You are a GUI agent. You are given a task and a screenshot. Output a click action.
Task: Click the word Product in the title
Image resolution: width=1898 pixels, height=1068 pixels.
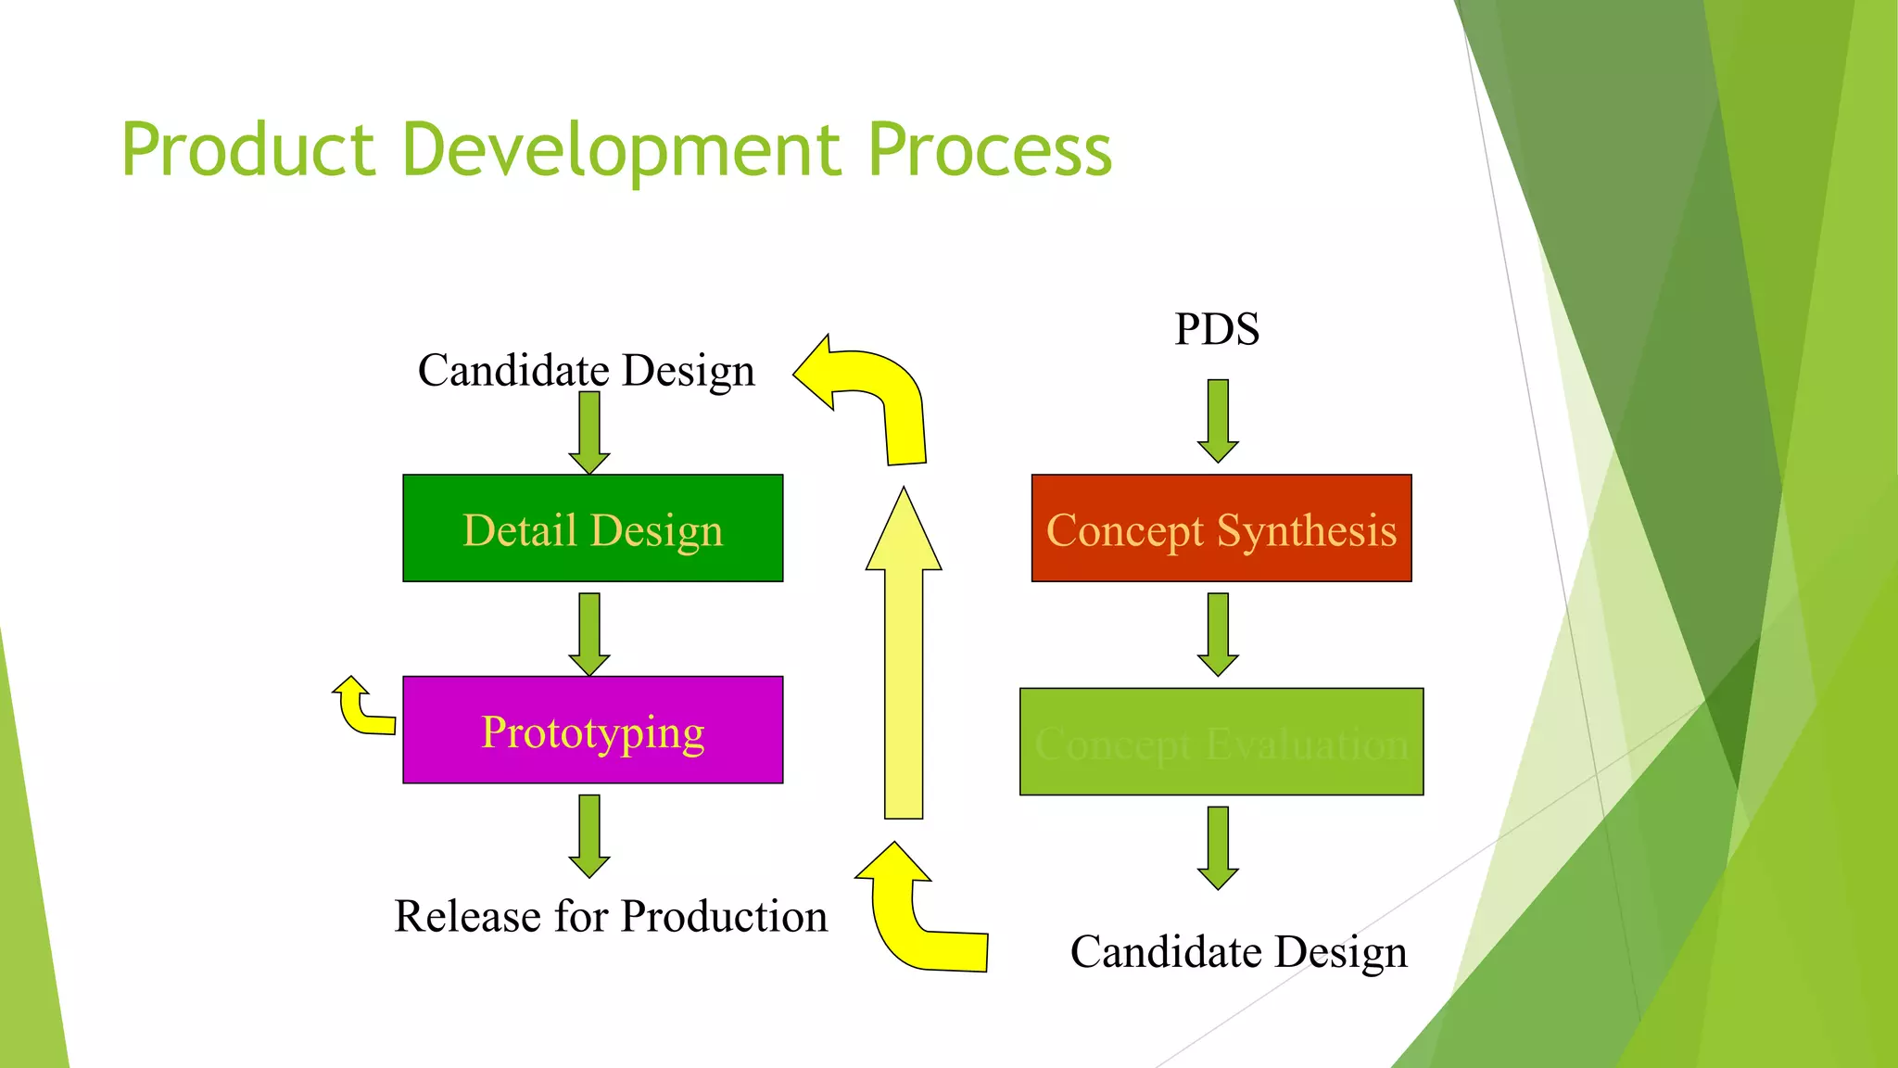(248, 150)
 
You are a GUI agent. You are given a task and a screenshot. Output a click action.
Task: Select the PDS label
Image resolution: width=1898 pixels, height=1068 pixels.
(1217, 330)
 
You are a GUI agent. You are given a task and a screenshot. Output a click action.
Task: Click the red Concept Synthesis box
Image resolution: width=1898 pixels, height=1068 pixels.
(1221, 528)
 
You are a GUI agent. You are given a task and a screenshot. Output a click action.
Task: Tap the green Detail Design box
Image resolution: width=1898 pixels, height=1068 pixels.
(593, 528)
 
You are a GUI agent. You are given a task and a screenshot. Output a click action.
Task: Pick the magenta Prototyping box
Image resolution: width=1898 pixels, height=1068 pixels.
(593, 731)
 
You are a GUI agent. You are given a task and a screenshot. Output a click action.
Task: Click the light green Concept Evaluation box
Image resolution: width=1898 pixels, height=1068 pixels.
(1221, 742)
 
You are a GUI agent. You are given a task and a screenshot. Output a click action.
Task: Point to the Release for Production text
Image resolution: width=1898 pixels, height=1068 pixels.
(611, 917)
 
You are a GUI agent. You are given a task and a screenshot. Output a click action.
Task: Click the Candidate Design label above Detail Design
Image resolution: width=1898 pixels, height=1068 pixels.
(586, 371)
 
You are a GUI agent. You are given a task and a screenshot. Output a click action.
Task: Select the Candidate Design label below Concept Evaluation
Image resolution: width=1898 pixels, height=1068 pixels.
(1238, 952)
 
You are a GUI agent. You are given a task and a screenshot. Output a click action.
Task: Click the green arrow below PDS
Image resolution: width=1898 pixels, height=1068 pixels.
(1218, 420)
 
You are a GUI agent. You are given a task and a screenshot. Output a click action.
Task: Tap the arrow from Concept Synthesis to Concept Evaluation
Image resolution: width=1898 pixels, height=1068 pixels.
(1218, 634)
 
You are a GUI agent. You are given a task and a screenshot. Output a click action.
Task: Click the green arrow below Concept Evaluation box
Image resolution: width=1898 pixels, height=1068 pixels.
(1218, 847)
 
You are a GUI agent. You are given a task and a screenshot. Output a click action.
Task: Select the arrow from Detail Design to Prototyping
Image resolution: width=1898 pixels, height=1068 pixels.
(589, 634)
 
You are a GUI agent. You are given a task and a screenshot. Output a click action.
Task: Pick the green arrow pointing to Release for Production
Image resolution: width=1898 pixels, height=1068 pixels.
(589, 835)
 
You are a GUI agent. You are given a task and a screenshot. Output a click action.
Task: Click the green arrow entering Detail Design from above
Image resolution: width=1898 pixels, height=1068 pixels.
(589, 432)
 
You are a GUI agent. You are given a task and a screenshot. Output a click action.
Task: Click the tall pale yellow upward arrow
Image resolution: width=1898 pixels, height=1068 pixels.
(904, 667)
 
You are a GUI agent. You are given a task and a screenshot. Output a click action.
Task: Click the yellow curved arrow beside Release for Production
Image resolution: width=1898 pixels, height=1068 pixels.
(917, 918)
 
